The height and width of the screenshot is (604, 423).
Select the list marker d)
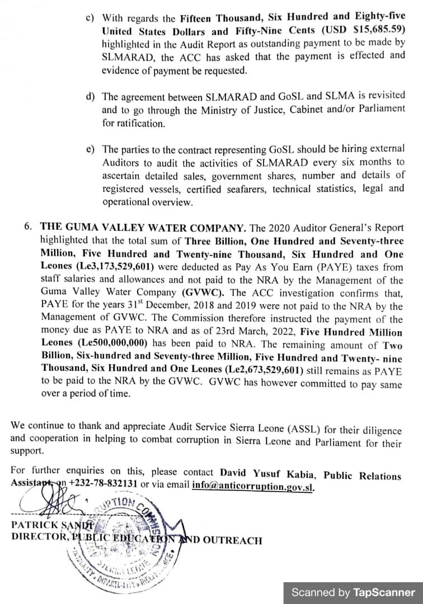point(90,96)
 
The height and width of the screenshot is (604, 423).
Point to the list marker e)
point(90,149)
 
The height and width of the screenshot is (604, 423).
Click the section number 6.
point(28,227)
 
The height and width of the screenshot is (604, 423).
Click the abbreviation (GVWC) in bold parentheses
point(204,292)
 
